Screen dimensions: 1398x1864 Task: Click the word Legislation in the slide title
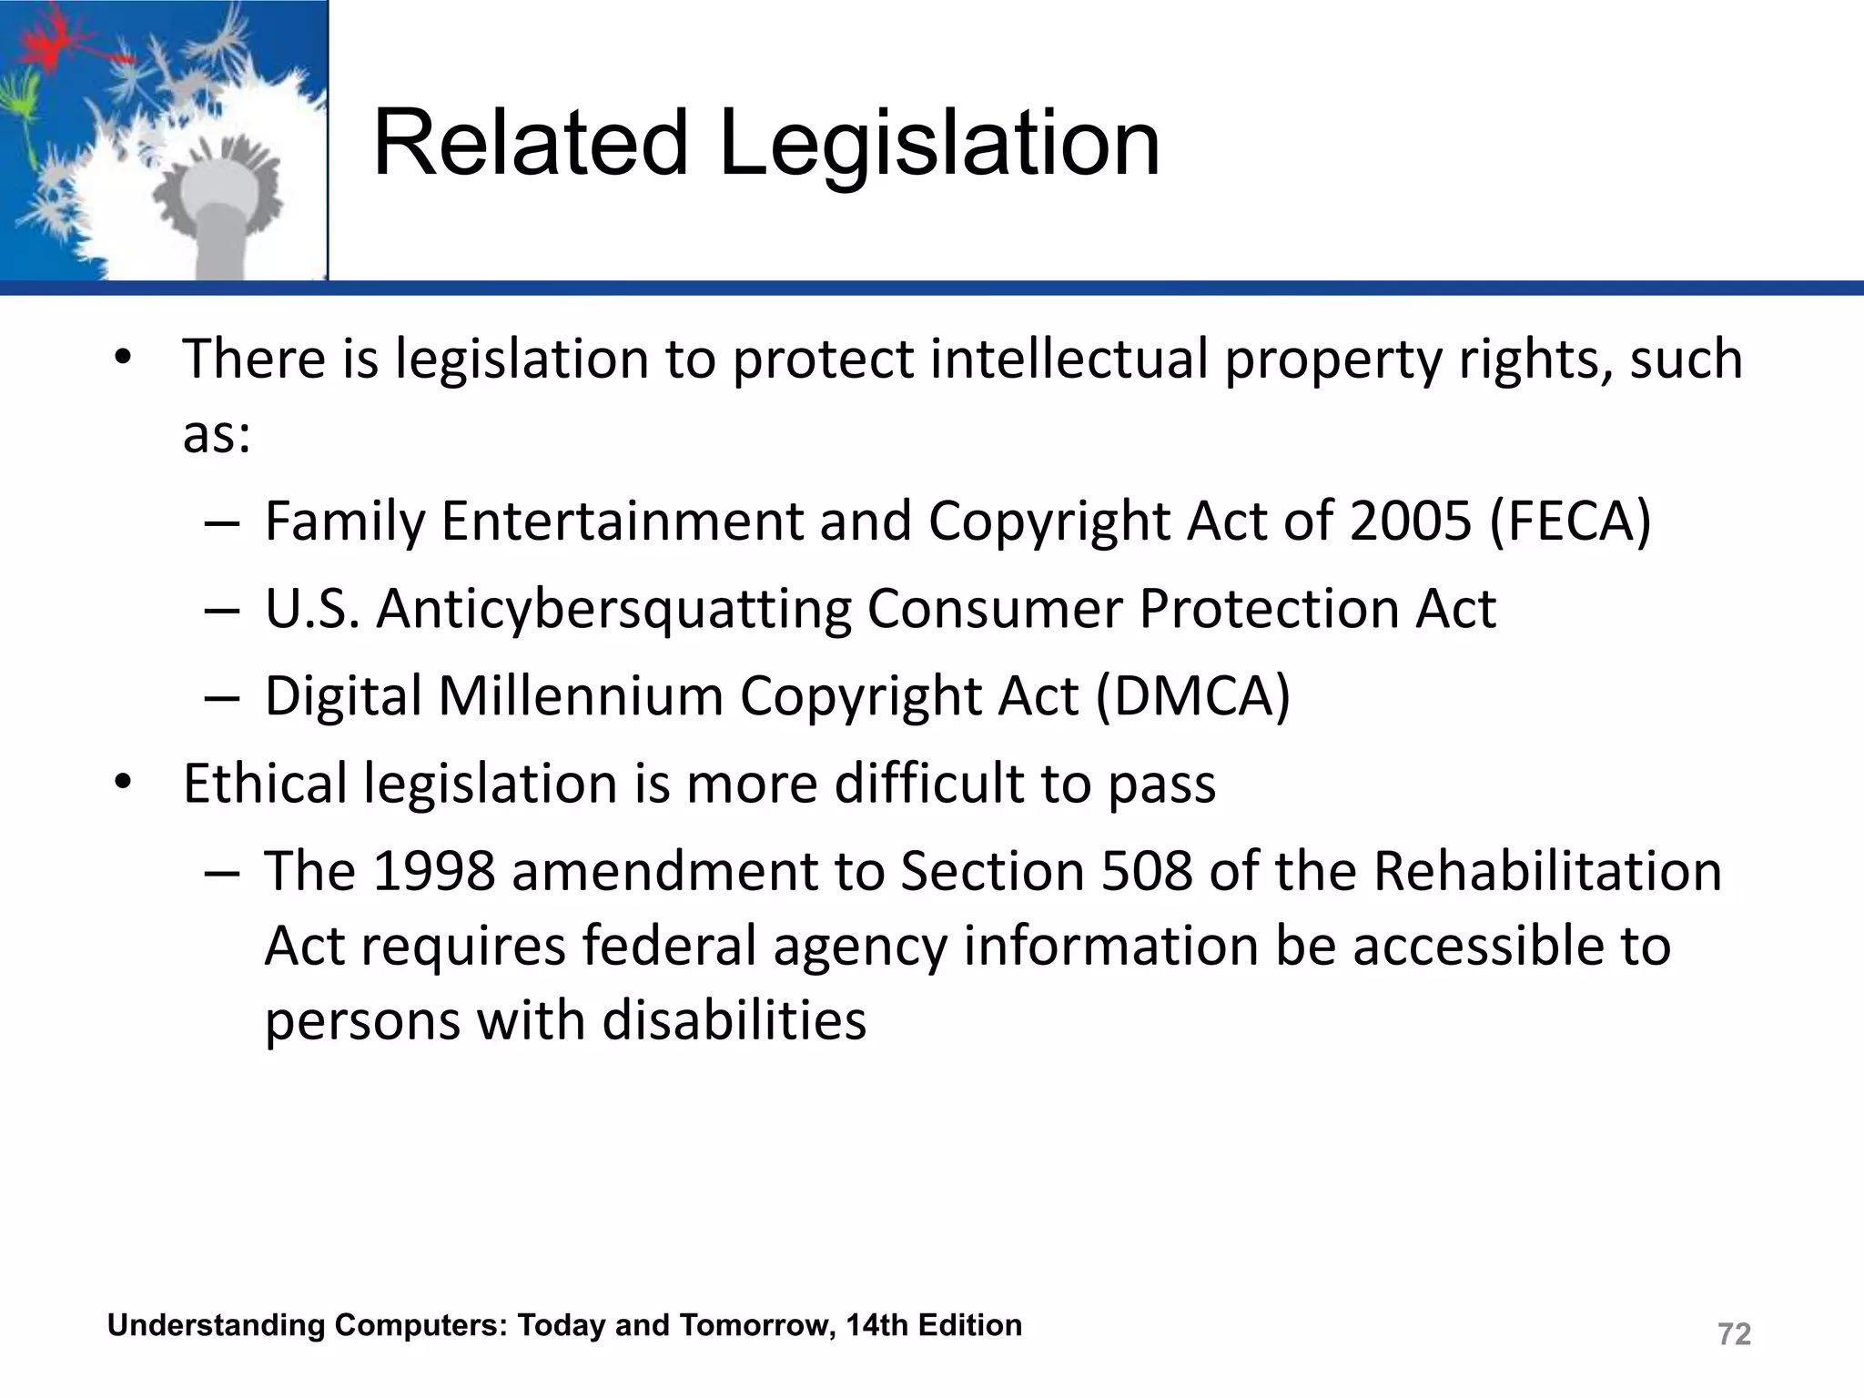pos(939,144)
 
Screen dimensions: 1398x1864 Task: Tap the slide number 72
pos(1734,1334)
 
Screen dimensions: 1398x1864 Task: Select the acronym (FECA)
pos(1570,522)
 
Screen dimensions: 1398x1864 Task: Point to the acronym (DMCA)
pos(1192,696)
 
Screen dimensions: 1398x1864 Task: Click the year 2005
pos(1411,522)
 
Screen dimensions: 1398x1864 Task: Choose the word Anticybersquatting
pos(613,609)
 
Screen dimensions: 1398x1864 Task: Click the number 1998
pos(434,871)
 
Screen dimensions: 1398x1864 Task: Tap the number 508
pos(1146,871)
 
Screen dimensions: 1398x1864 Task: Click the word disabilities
pos(734,1020)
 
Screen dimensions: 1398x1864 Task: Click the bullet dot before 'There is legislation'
pos(124,359)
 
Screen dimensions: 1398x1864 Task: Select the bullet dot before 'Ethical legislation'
pos(124,784)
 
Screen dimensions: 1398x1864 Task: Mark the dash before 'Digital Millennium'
pos(222,697)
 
